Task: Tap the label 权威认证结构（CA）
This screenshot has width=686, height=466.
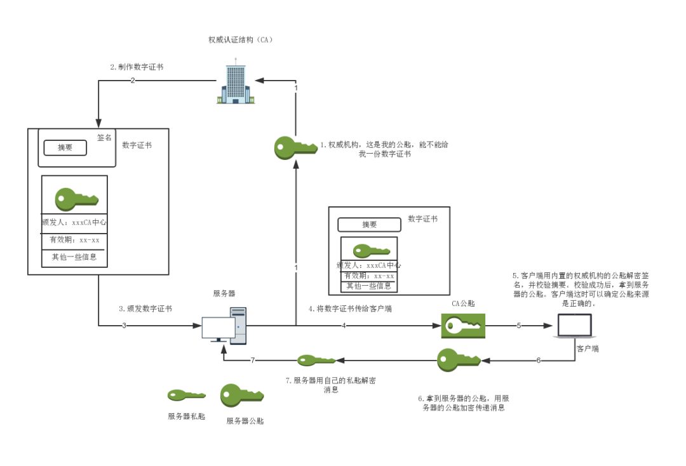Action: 240,40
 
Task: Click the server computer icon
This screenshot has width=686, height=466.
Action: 224,326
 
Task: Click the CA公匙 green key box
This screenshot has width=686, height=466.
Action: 463,326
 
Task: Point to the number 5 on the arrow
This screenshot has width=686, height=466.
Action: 518,326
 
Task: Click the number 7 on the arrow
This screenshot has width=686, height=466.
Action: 252,360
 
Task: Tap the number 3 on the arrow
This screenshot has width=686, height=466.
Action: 124,326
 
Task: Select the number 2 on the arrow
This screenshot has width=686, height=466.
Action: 133,80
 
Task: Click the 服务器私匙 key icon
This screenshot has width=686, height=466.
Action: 185,396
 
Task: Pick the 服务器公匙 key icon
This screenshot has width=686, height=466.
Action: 241,397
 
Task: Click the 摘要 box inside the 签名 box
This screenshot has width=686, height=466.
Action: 65,147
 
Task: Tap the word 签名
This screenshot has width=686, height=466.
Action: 104,137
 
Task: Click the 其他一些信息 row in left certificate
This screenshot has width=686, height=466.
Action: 74,257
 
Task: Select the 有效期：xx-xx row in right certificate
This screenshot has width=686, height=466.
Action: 369,276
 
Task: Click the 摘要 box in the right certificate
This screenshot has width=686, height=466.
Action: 369,225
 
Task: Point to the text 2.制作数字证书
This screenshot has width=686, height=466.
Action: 137,67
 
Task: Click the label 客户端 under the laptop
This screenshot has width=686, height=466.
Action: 587,349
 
